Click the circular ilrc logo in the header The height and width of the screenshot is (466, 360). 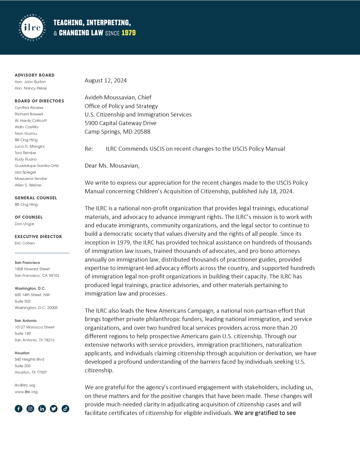pyautogui.click(x=32, y=28)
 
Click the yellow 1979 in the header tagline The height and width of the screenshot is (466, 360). pyautogui.click(x=129, y=33)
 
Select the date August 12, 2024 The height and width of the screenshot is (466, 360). pyautogui.click(x=105, y=80)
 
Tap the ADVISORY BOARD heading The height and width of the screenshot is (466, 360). pyautogui.click(x=35, y=75)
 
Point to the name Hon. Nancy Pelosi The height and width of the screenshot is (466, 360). pyautogui.click(x=31, y=88)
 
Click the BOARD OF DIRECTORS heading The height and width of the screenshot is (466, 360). pyautogui.click(x=39, y=101)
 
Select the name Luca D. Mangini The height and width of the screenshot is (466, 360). pyautogui.click(x=30, y=147)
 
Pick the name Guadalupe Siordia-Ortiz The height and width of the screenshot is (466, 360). pyautogui.click(x=37, y=166)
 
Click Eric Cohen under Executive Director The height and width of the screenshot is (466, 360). pyautogui.click(x=25, y=243)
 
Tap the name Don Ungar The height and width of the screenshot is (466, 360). pyautogui.click(x=24, y=224)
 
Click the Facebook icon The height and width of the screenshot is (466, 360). pyautogui.click(x=19, y=408)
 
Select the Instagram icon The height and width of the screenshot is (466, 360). pyautogui.click(x=31, y=408)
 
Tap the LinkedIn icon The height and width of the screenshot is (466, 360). pyautogui.click(x=42, y=408)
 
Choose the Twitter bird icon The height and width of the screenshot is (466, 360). pyautogui.click(x=54, y=408)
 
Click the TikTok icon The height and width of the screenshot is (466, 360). pyautogui.click(x=66, y=408)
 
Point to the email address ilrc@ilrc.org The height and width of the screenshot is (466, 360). pyautogui.click(x=25, y=385)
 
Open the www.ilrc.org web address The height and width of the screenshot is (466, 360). pyautogui.click(x=26, y=391)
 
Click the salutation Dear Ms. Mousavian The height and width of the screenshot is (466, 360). pyautogui.click(x=112, y=166)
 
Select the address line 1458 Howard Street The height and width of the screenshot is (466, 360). pyautogui.click(x=32, y=269)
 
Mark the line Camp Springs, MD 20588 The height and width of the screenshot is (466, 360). pyautogui.click(x=117, y=131)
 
